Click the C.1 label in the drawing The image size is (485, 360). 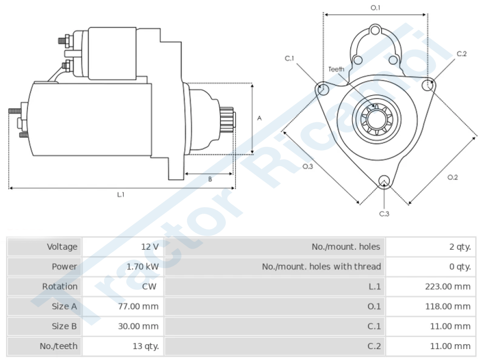point(289,58)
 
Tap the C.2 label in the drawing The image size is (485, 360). point(461,54)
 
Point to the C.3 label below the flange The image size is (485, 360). point(384,214)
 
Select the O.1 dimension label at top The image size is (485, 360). point(375,8)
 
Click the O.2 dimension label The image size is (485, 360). point(452,177)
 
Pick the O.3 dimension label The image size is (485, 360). point(307,166)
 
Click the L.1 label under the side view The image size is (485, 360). point(121,195)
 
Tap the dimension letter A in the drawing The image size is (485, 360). point(260,118)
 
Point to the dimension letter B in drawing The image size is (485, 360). point(210,179)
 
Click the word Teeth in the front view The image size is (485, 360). point(336,69)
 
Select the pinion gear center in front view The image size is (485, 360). point(377,119)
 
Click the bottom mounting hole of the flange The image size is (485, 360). point(384,181)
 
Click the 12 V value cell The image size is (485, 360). point(150,247)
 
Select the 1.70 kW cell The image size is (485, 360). point(143,267)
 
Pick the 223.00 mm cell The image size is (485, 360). point(448,287)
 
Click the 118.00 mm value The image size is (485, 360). point(448,306)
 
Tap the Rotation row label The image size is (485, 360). point(60,287)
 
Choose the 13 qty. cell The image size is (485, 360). point(146,346)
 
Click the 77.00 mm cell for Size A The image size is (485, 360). point(138,306)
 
